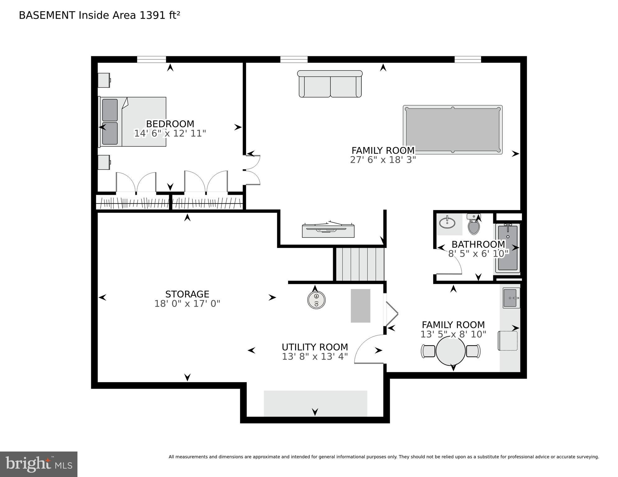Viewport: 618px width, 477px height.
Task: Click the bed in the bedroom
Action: click(132, 122)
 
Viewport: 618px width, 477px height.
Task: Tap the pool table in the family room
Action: click(453, 130)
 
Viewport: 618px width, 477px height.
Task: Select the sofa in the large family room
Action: click(330, 84)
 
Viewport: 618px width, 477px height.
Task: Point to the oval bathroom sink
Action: click(447, 223)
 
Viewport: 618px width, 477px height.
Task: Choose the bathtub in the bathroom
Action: click(508, 248)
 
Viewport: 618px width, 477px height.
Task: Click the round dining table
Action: click(451, 351)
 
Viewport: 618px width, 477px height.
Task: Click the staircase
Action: click(359, 264)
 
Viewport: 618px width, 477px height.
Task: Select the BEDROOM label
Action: click(170, 124)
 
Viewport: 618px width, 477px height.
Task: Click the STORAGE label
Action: click(187, 294)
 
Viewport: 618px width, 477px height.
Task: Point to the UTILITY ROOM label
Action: click(315, 347)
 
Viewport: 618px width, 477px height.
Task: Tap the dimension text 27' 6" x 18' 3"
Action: click(383, 160)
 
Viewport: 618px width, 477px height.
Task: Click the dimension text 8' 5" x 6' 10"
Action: click(478, 254)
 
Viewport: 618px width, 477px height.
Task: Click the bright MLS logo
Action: click(39, 464)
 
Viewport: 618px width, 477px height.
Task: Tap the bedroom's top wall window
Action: click(151, 59)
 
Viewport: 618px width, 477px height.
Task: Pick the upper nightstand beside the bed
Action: click(104, 80)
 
